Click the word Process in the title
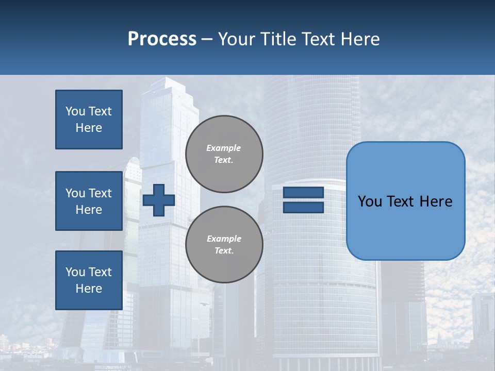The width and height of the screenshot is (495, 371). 162,39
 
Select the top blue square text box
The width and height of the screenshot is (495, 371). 89,120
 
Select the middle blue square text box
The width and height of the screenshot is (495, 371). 89,201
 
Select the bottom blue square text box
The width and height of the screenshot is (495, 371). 89,280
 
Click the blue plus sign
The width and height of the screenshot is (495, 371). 159,200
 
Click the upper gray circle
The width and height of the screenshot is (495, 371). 224,154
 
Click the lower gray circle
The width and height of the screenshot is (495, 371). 224,244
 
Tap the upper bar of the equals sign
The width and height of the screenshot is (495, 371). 303,192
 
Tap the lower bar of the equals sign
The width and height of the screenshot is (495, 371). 303,207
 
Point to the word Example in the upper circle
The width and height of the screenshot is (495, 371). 224,148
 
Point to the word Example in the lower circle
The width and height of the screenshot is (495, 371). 224,239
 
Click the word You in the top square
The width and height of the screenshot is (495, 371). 75,111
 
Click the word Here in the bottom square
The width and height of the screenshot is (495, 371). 89,289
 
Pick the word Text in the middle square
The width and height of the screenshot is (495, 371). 100,193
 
